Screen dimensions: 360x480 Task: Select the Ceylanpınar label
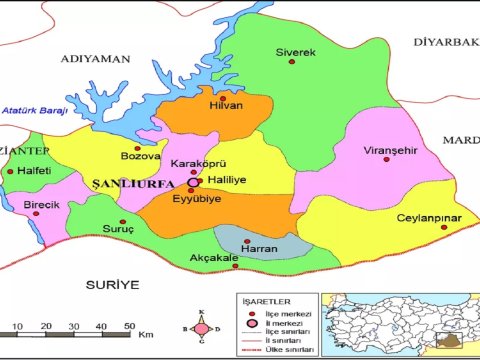coord(427,217)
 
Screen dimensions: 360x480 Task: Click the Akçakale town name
coord(213,260)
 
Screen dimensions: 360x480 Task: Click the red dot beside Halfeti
coord(10,171)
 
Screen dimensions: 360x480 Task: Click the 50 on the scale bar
coord(101,327)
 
